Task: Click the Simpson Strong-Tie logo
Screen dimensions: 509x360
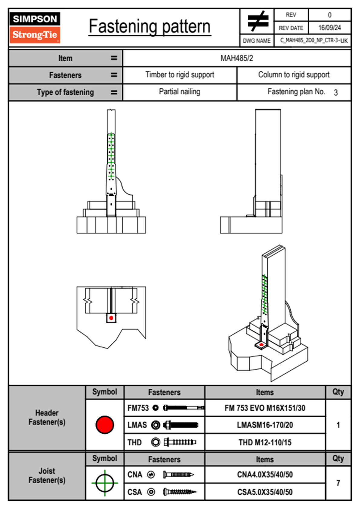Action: [x=34, y=27]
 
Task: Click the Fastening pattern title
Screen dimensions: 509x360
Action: [x=149, y=27]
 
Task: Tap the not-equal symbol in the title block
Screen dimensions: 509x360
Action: [x=257, y=21]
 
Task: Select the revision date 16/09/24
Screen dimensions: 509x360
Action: [x=329, y=28]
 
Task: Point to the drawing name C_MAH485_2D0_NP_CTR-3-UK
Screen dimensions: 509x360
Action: [x=314, y=41]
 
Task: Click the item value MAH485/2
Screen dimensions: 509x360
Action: [x=237, y=58]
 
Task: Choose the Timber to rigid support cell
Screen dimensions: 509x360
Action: [x=180, y=75]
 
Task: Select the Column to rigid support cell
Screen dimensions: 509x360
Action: [x=294, y=75]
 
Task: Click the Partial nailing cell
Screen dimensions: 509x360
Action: [x=180, y=92]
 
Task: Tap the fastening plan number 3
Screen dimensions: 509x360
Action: [x=336, y=93]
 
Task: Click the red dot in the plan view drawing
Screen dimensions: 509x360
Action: [x=111, y=318]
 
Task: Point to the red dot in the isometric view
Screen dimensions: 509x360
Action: [x=261, y=345]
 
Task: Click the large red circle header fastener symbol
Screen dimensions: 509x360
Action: [x=105, y=425]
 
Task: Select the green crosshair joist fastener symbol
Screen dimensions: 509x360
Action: [x=105, y=483]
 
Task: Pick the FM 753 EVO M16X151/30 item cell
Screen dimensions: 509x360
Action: [x=265, y=408]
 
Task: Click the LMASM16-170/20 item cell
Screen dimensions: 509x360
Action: [x=265, y=425]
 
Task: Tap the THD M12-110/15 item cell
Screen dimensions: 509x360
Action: [x=265, y=442]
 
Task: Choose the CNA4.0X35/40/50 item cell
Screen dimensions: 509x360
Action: [x=265, y=475]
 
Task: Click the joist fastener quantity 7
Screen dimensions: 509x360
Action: [x=338, y=483]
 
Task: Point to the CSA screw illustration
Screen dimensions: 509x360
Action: [x=179, y=492]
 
